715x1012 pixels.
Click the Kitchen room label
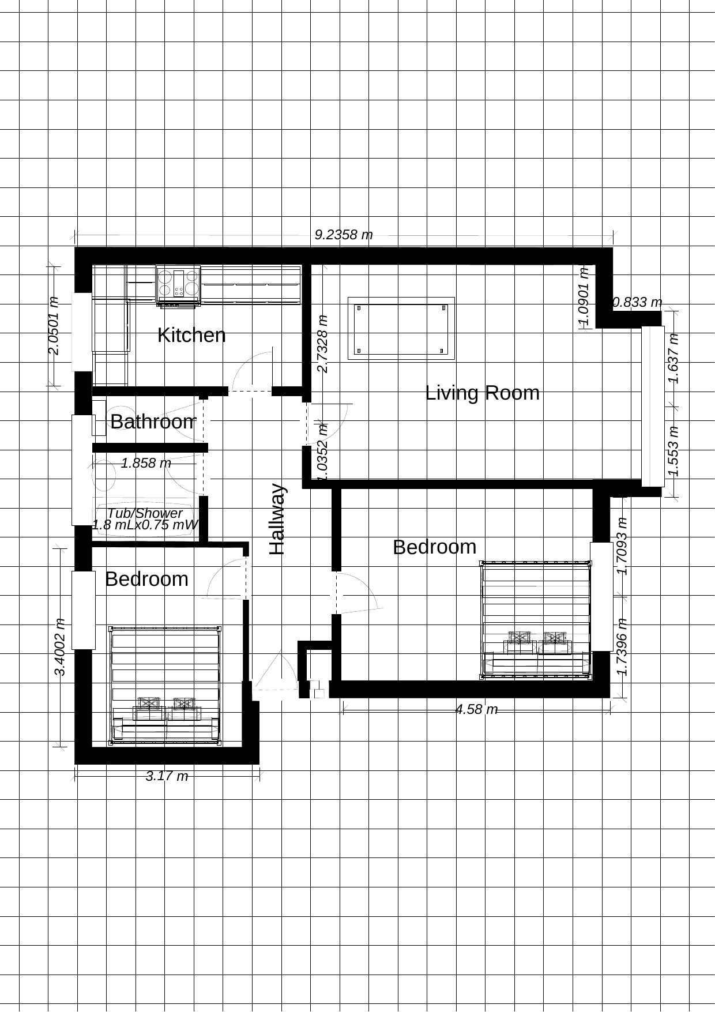[x=191, y=335]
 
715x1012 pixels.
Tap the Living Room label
[x=483, y=393]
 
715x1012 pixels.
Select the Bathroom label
[x=153, y=422]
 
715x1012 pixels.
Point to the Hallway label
[x=278, y=519]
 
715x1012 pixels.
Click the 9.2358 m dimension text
[x=344, y=235]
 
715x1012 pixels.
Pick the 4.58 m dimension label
[x=476, y=709]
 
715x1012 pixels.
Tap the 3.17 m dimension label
[x=167, y=776]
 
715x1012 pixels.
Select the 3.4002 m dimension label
[x=59, y=646]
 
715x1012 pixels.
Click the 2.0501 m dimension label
[x=53, y=326]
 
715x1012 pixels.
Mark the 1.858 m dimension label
[x=146, y=462]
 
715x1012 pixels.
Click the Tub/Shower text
[x=145, y=513]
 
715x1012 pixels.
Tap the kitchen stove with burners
[x=179, y=284]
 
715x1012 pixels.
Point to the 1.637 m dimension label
[x=673, y=359]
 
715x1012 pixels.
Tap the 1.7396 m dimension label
[x=621, y=647]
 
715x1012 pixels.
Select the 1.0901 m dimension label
[x=584, y=298]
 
